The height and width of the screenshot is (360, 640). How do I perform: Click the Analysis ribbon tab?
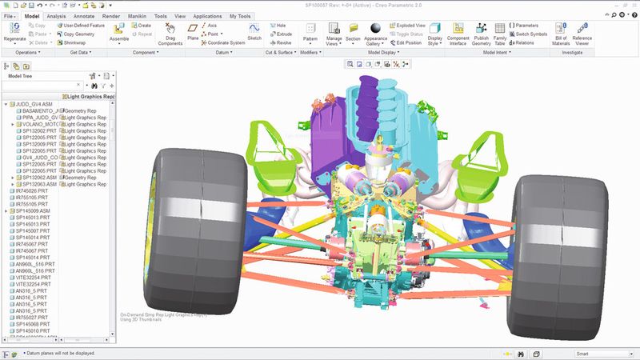(x=57, y=15)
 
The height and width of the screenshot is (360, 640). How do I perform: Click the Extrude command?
(x=282, y=34)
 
